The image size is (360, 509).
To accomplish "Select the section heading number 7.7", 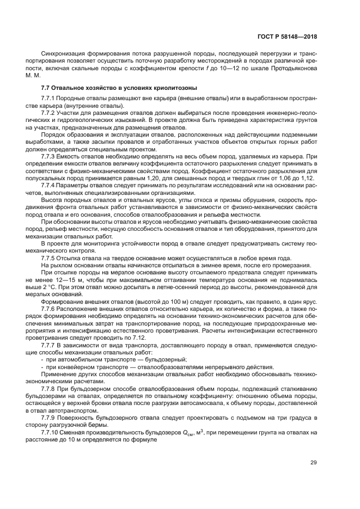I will (x=46, y=88).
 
